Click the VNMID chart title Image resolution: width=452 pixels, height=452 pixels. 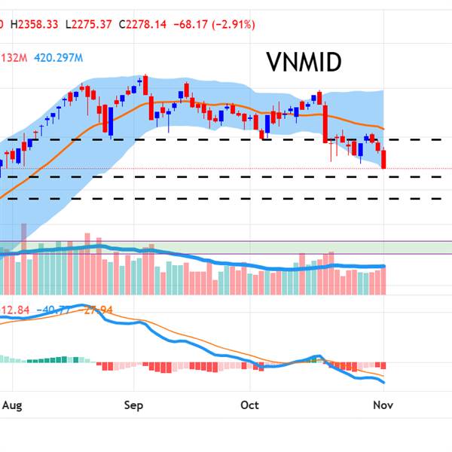pos(304,63)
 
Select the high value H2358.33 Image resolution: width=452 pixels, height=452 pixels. pos(36,25)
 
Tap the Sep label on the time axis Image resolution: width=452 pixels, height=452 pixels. pos(133,405)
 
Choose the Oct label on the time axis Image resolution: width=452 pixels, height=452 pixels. pos(249,405)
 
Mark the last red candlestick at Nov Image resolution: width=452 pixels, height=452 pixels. pos(385,159)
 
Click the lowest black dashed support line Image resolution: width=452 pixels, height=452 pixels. pos(226,199)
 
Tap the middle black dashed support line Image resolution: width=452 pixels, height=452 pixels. pos(226,177)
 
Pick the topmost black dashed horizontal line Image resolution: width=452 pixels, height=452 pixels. pos(226,139)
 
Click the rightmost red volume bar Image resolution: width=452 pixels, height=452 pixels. pos(385,280)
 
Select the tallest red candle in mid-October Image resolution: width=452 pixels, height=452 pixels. pos(325,124)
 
